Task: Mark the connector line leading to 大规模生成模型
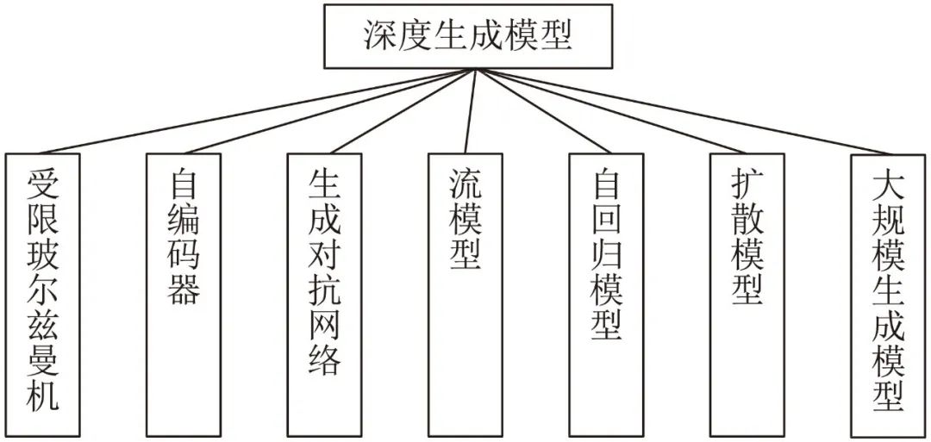[x=681, y=112]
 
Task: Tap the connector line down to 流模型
[x=470, y=111]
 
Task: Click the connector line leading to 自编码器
[x=328, y=111]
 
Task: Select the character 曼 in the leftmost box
[x=42, y=360]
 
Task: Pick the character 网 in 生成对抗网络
[x=325, y=324]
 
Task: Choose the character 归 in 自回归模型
[x=607, y=255]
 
